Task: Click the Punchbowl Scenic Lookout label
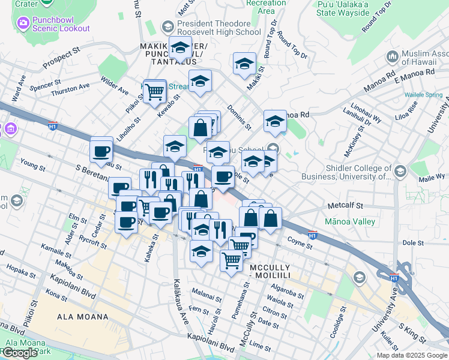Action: pyautogui.click(x=61, y=23)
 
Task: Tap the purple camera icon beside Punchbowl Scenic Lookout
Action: pyautogui.click(x=23, y=23)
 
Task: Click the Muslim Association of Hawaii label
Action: pyautogui.click(x=420, y=57)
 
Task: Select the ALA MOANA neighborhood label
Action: pyautogui.click(x=83, y=316)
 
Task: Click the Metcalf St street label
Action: pyautogui.click(x=346, y=205)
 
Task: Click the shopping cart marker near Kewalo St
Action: pyautogui.click(x=155, y=92)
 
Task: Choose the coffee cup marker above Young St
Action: pyautogui.click(x=101, y=151)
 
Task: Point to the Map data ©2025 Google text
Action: pyautogui.click(x=412, y=355)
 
